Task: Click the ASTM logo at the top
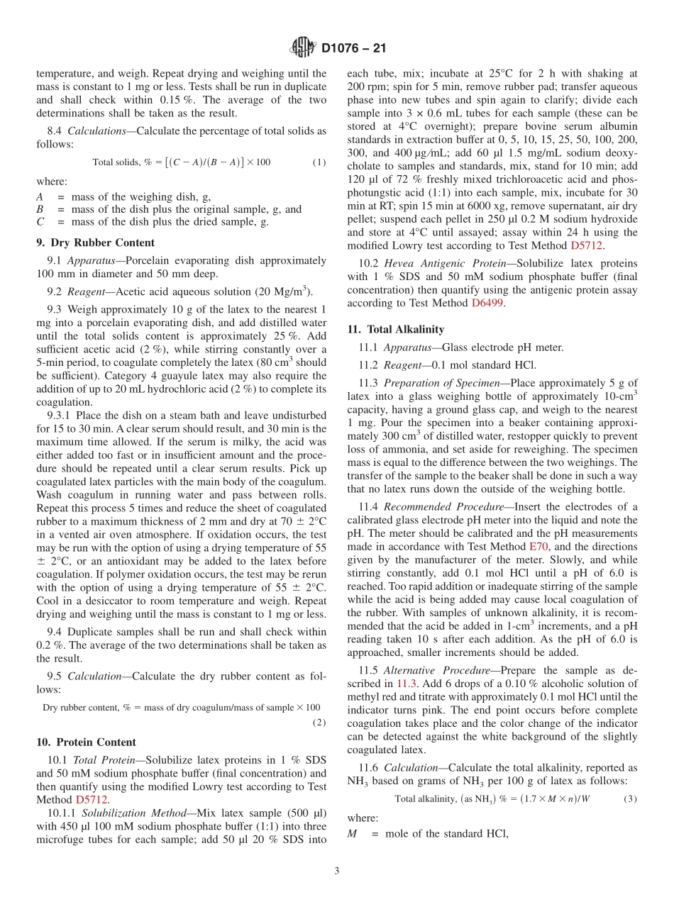[x=303, y=48]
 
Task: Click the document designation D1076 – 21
[x=353, y=49]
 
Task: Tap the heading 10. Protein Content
[x=86, y=742]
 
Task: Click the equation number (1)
[x=319, y=162]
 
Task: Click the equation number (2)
[x=319, y=723]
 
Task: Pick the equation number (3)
[x=630, y=798]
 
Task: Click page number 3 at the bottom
[x=337, y=872]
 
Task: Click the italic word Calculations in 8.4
[x=96, y=131]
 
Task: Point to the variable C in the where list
[x=40, y=221]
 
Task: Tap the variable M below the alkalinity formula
[x=352, y=834]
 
